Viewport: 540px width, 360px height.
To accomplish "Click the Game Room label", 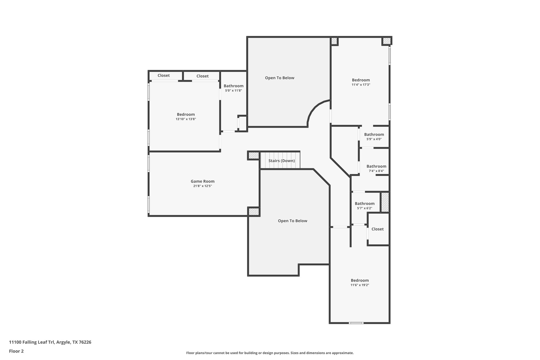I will click(x=202, y=181).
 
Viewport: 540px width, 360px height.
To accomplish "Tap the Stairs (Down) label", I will click(x=281, y=161).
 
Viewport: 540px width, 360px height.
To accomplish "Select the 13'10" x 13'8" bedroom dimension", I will click(x=186, y=119).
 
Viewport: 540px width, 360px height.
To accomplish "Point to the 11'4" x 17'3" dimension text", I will click(x=361, y=85).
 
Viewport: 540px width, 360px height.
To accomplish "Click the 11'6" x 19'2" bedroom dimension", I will click(x=360, y=285).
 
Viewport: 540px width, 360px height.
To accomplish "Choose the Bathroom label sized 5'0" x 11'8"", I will click(x=233, y=86).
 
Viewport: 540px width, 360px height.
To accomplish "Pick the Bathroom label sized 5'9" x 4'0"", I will click(x=374, y=135).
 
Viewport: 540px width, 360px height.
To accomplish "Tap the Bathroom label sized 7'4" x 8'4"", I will click(x=376, y=166).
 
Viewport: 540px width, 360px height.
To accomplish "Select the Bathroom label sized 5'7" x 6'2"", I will click(x=364, y=203).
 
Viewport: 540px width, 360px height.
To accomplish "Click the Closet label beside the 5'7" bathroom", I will click(x=377, y=229).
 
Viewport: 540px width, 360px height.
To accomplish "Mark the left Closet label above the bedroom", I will click(x=163, y=75).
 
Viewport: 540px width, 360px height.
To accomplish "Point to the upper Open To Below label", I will click(x=279, y=78).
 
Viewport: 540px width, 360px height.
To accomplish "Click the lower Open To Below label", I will click(x=292, y=221).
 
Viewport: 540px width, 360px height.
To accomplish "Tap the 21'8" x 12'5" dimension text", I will click(x=202, y=186).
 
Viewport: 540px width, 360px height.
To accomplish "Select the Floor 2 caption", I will click(x=16, y=351).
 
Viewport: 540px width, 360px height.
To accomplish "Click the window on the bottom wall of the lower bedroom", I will click(x=356, y=323).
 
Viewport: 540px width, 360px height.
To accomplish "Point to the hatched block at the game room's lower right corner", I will click(x=254, y=212).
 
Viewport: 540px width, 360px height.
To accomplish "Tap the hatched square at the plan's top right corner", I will click(x=386, y=41).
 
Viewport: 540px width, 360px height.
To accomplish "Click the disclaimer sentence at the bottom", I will click(x=270, y=353).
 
